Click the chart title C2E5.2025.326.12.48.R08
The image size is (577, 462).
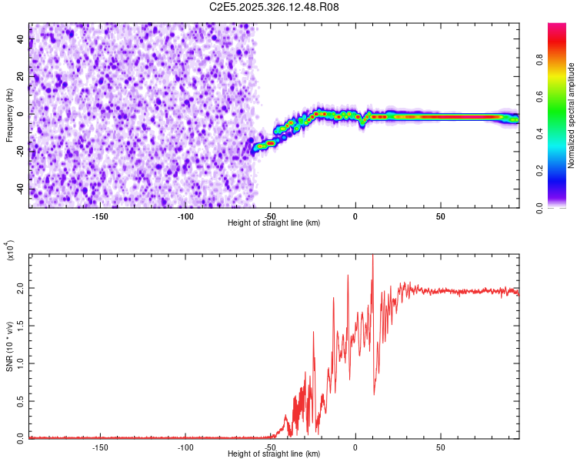(x=275, y=7)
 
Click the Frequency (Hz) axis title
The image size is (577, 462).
(x=9, y=115)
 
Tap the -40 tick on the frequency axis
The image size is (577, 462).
(x=22, y=189)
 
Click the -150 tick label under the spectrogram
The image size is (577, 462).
(x=100, y=216)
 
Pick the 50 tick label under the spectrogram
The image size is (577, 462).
(x=440, y=216)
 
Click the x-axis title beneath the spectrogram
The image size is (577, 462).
(x=274, y=223)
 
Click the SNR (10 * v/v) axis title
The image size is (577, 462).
(x=9, y=346)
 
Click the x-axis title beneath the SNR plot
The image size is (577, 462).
(x=274, y=454)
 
